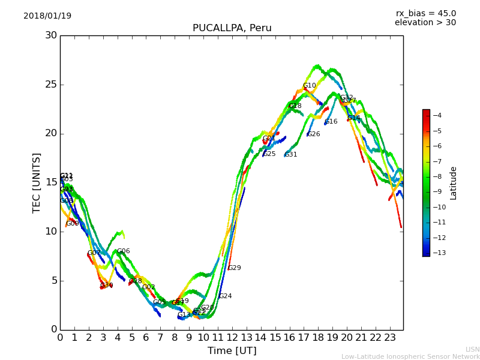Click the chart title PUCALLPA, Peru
tap(232, 28)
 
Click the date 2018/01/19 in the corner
tap(47, 16)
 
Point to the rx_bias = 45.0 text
tap(425, 13)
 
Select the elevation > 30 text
tap(425, 23)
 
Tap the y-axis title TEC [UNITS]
tap(37, 182)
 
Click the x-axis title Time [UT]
tap(232, 351)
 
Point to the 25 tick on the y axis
tap(51, 85)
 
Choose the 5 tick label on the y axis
tap(53, 280)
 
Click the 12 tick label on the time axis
tap(232, 337)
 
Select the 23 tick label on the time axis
tap(390, 337)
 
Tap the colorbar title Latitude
tap(454, 183)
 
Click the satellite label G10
tap(309, 86)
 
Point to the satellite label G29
tap(234, 268)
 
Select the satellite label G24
tap(225, 296)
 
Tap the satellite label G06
tap(123, 251)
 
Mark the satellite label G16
tap(331, 122)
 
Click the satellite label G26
tap(313, 134)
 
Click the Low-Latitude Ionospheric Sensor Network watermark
tap(410, 356)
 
